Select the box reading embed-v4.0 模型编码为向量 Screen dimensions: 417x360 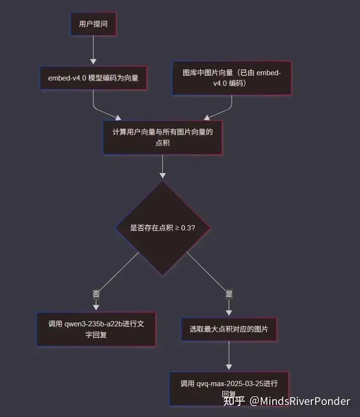93,78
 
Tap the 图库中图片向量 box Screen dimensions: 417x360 232,78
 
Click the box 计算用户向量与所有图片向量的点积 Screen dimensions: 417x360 162,137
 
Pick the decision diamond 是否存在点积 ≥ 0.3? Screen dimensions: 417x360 162,228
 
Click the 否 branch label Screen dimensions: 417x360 96,294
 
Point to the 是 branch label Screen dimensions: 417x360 229,294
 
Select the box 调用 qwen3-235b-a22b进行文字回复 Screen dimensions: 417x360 96,329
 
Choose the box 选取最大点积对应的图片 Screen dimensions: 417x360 229,329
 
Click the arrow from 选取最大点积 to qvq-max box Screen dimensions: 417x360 229,356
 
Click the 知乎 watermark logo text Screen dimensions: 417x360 234,401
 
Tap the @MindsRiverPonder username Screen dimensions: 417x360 299,401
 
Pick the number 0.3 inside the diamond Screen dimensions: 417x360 186,228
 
